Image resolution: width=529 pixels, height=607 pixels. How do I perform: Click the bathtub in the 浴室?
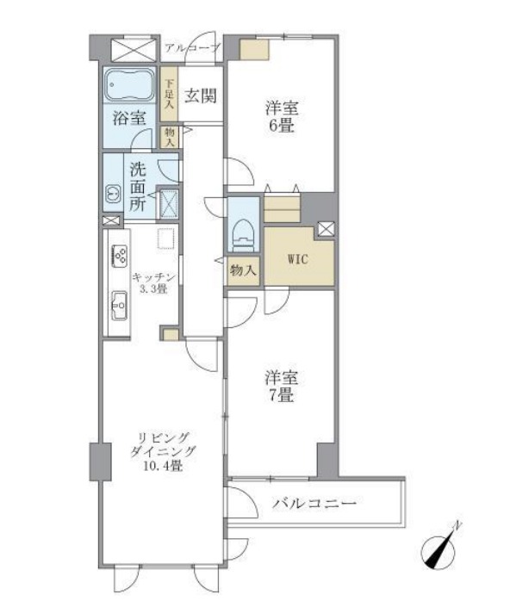click(129, 86)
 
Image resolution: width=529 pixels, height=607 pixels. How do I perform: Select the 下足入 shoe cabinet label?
click(169, 94)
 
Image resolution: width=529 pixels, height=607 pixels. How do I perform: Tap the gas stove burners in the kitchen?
click(120, 255)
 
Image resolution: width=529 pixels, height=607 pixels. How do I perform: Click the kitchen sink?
click(119, 304)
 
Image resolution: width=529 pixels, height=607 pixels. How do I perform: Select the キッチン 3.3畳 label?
click(155, 282)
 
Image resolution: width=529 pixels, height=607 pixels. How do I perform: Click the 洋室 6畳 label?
click(280, 115)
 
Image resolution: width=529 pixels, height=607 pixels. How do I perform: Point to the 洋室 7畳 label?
click(280, 387)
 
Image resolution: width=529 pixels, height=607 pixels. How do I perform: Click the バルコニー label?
click(314, 503)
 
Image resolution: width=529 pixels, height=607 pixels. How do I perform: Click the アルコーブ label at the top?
click(192, 48)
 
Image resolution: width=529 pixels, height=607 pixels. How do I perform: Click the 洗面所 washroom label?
click(138, 187)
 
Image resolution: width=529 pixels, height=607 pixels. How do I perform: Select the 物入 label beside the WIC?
click(243, 270)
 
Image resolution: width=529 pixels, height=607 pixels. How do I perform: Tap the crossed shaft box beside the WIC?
click(327, 229)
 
